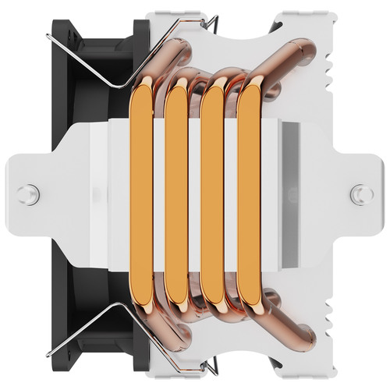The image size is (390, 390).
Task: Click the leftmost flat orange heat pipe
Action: click(x=141, y=195)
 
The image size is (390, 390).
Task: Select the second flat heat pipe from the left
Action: click(x=176, y=195)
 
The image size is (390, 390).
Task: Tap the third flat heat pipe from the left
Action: click(x=213, y=195)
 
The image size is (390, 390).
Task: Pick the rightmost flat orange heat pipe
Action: click(x=249, y=195)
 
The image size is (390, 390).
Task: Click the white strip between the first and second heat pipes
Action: click(x=158, y=195)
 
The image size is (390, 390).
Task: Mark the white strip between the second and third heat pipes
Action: click(x=195, y=195)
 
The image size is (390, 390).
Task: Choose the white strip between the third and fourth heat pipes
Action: click(x=231, y=195)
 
